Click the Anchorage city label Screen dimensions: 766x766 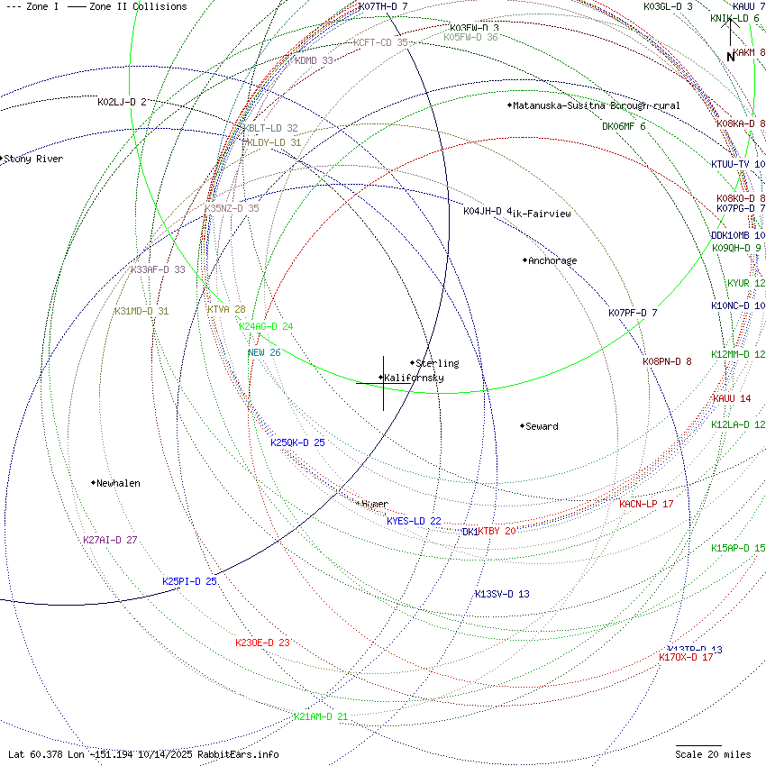click(x=552, y=260)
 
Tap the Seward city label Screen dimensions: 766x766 click(x=542, y=426)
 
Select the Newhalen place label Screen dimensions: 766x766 click(x=118, y=483)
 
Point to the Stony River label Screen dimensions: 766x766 click(x=33, y=160)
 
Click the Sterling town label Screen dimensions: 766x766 click(x=437, y=363)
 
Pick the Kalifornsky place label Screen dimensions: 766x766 click(x=414, y=378)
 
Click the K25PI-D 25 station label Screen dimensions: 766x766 click(x=189, y=581)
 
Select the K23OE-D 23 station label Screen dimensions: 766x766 click(x=262, y=643)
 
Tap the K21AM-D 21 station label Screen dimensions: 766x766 click(x=321, y=716)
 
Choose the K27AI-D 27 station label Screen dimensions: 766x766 click(x=110, y=540)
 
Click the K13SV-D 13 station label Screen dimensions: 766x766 click(x=502, y=594)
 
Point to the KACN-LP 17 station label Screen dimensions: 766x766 click(x=646, y=504)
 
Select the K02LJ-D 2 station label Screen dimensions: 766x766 click(x=122, y=102)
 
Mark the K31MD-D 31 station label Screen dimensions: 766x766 click(x=141, y=311)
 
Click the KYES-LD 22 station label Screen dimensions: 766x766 click(x=414, y=521)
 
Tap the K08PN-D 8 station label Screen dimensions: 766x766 click(x=667, y=361)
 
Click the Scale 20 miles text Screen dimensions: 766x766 click(x=713, y=753)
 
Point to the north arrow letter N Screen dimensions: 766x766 click(x=731, y=57)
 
